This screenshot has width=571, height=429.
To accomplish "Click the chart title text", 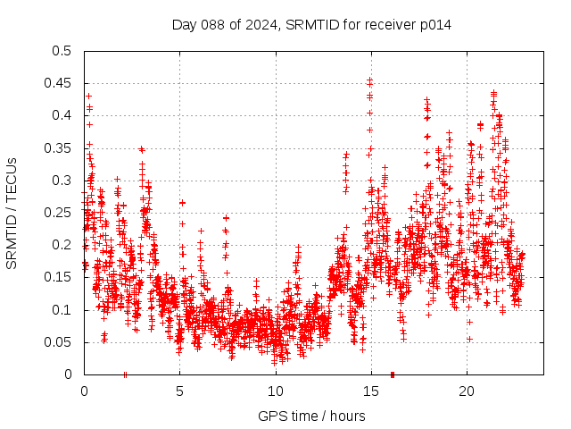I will pos(311,25).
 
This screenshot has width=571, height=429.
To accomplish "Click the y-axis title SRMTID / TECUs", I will pos(12,213).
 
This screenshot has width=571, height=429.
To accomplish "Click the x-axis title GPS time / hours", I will pos(311,416).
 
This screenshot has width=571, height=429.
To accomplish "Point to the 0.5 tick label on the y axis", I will pos(62,51).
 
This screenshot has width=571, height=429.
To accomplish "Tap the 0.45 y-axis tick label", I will pos(58,83).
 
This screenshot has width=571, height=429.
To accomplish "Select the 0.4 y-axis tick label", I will pos(62,115).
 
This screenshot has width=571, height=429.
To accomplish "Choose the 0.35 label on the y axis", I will pos(58,148).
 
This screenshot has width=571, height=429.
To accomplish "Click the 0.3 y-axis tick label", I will pos(62,181).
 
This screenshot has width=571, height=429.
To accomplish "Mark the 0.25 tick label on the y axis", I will pos(58,213).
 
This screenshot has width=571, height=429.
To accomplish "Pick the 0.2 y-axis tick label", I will pos(62,245).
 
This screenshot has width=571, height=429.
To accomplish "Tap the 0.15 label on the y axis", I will pos(58,278).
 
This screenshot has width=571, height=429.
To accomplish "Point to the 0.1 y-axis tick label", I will pos(62,310).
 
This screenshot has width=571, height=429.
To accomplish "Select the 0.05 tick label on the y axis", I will pos(58,342).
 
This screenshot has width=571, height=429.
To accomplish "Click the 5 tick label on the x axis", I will pos(179,391).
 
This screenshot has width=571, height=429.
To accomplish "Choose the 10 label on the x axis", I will pos(275,391).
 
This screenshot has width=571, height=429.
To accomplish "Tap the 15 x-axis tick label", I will pos(371,391).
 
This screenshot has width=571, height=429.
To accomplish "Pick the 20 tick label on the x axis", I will pos(467,391).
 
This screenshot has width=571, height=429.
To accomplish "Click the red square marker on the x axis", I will pos(393,374).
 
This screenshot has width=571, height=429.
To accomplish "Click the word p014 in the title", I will pos(434,25).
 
